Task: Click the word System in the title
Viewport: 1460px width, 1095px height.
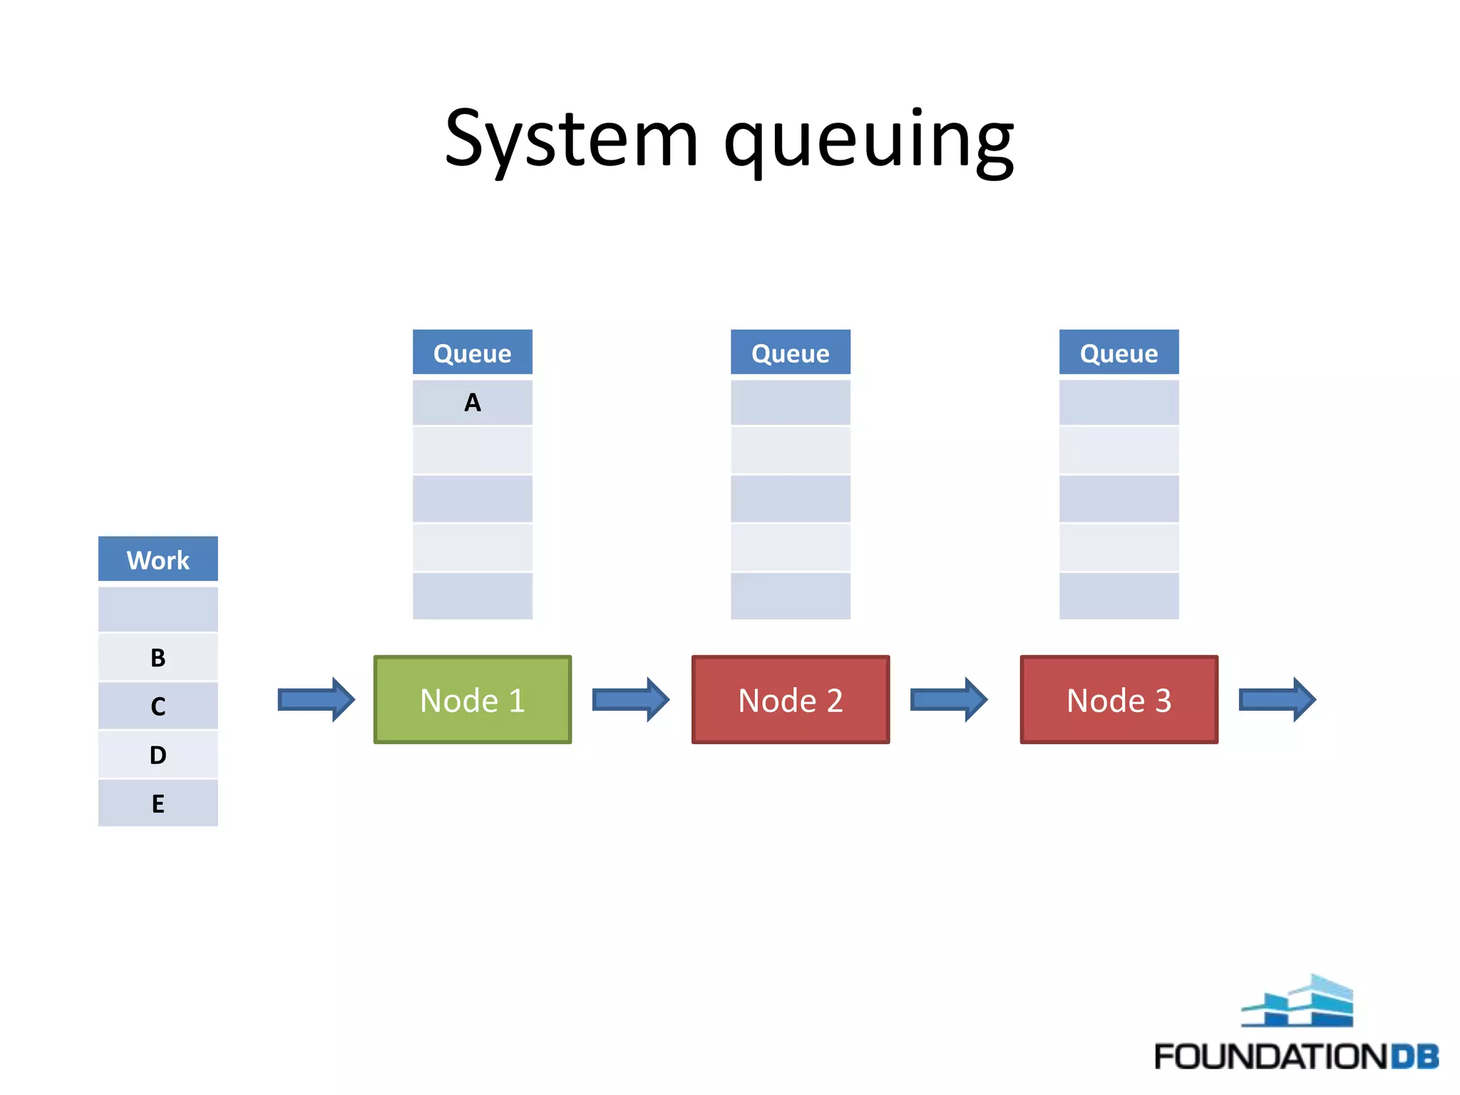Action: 570,139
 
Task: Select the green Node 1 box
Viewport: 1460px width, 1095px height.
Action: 473,700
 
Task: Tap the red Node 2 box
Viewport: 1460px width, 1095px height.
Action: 791,700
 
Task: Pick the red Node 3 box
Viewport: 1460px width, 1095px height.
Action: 1119,700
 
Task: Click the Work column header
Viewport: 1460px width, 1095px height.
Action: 158,560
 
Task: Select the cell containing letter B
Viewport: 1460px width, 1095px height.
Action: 158,657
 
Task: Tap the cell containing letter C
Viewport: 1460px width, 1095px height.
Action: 158,706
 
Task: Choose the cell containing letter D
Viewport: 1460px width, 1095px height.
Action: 158,754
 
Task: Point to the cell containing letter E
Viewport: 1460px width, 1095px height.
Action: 158,803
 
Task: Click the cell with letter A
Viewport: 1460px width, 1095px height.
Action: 473,403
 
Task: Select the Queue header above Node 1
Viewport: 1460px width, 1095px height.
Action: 473,353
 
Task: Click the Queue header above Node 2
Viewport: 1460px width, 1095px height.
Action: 791,353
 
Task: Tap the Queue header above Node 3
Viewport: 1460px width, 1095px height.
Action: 1119,353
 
